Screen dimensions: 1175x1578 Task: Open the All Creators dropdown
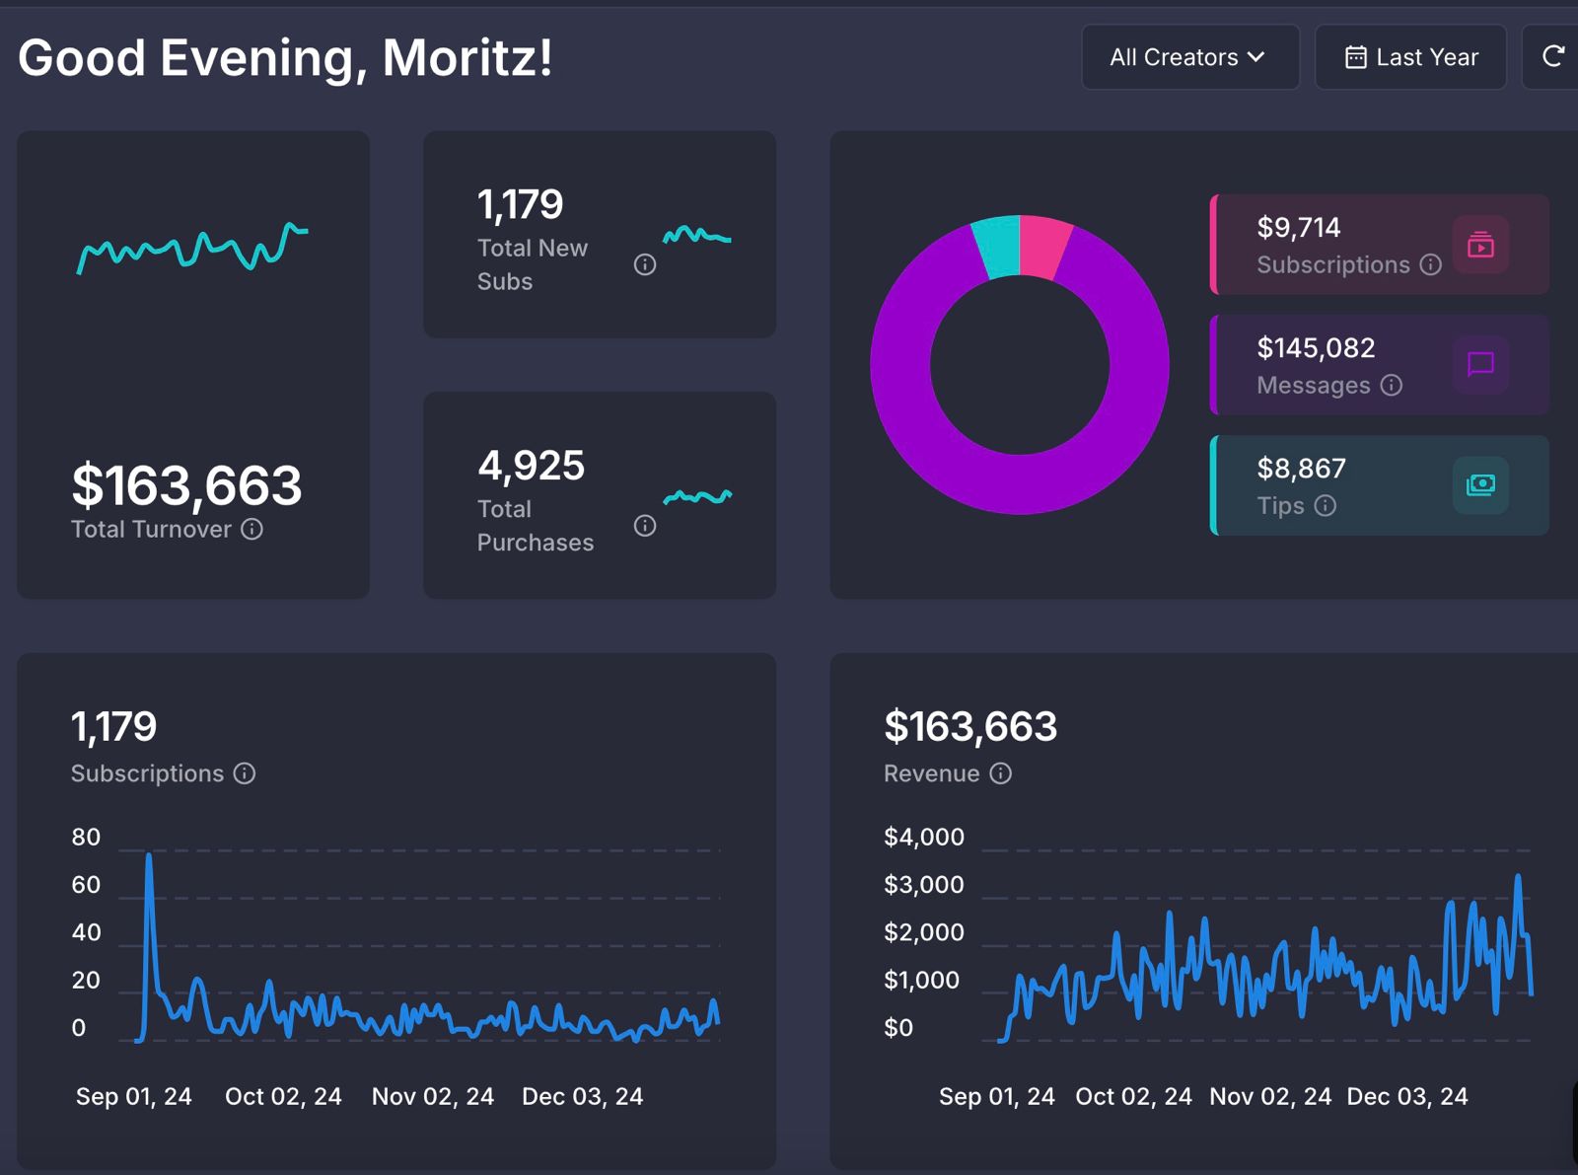pos(1188,57)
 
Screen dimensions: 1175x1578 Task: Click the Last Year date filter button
pos(1410,57)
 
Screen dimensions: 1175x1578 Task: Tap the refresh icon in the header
pos(1553,56)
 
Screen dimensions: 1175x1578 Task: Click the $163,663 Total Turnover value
pos(186,485)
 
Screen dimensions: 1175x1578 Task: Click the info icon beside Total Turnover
pos(252,530)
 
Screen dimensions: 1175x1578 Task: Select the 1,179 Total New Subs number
pos(520,205)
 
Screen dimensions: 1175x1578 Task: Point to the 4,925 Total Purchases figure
pos(531,466)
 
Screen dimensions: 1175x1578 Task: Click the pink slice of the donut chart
pos(1043,245)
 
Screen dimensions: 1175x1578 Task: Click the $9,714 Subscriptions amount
pos(1298,228)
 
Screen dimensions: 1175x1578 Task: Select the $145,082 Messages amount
pos(1315,348)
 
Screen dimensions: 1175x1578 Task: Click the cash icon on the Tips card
pos(1480,484)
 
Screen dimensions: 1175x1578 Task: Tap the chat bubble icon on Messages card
pos(1480,364)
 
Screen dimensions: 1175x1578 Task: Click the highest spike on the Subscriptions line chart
pos(149,856)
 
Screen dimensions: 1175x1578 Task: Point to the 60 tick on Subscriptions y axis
pos(86,885)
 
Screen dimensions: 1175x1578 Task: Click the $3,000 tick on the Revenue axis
pos(923,885)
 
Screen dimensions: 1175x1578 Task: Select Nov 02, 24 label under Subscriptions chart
pos(432,1097)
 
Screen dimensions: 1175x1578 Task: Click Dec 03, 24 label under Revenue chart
pos(1406,1097)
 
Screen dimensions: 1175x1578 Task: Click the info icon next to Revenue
pos(1000,773)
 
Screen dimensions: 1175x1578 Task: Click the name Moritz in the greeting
pos(466,57)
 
